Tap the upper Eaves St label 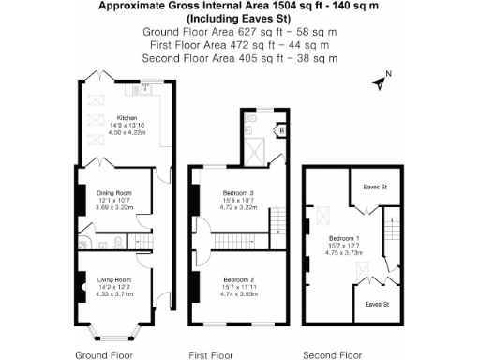pos(376,187)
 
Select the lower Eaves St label pos(376,305)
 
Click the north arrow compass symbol pos(381,82)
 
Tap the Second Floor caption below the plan pos(332,354)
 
